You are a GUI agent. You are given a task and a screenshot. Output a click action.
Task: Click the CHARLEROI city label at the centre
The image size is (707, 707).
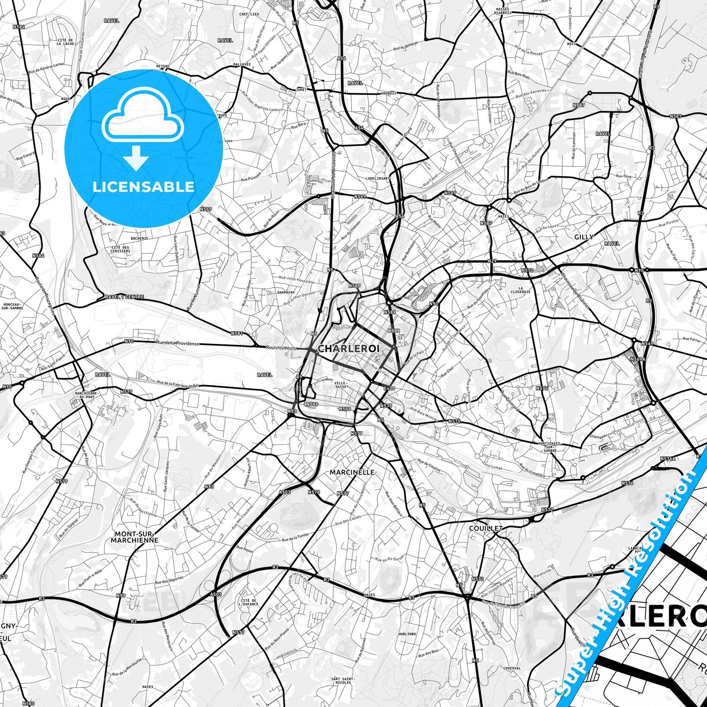[348, 348]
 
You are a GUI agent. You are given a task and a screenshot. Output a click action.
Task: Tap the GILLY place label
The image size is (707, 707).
[584, 237]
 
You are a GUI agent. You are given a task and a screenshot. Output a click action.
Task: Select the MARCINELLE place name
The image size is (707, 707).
[352, 472]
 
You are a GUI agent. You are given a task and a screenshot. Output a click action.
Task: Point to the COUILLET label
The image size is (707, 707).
[486, 528]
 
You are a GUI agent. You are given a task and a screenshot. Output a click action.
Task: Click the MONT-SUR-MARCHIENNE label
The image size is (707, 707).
[135, 537]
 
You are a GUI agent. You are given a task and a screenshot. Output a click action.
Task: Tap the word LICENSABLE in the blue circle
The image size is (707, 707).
[143, 187]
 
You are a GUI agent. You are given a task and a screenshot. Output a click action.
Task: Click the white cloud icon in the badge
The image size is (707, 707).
[142, 120]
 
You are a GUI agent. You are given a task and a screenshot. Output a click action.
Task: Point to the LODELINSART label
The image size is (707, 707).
[378, 179]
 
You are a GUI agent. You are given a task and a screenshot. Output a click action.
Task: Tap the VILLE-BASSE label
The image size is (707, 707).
[341, 385]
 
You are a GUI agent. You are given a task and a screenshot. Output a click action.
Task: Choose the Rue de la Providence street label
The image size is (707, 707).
[178, 343]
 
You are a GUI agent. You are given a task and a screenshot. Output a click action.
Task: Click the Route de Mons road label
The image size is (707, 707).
[281, 348]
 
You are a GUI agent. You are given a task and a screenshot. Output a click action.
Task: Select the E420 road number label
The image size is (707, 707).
[389, 388]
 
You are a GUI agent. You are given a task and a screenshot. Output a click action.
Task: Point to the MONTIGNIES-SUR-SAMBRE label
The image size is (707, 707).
[549, 447]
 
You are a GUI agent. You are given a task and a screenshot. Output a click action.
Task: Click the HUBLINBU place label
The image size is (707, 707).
[407, 634]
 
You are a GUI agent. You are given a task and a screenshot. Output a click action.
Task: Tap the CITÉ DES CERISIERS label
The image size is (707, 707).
[120, 249]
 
